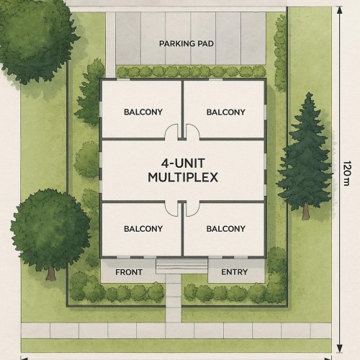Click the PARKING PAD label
click(186, 43)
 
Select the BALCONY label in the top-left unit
click(143, 112)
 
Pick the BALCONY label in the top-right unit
click(225, 112)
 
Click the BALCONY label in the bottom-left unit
click(143, 229)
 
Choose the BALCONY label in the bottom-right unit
click(225, 229)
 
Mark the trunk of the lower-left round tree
click(50, 272)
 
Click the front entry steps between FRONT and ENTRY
click(181, 266)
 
